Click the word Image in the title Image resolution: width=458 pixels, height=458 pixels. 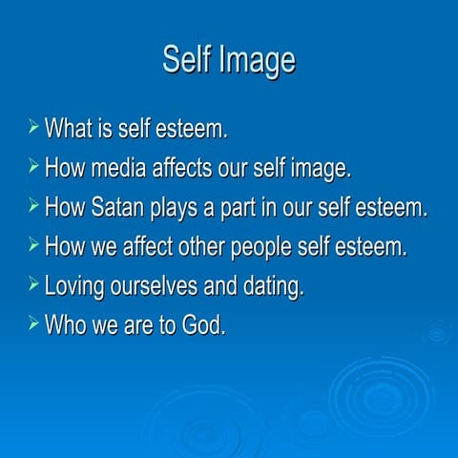pyautogui.click(x=258, y=60)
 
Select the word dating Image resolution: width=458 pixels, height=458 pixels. pyautogui.click(x=276, y=286)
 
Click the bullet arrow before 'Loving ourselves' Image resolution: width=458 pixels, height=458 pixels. pyautogui.click(x=34, y=283)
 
